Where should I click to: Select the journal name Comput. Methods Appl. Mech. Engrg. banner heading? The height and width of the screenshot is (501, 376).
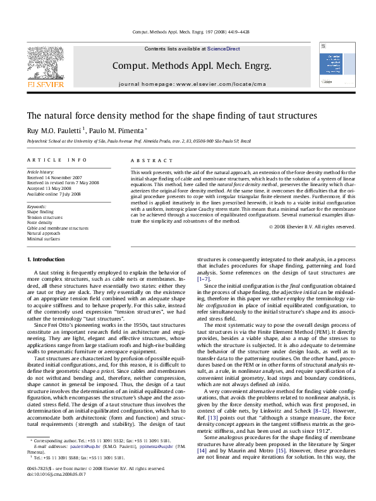click(191, 66)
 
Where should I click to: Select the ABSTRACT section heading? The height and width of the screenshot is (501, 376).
click(146, 161)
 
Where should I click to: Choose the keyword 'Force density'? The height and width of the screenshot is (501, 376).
click(40, 223)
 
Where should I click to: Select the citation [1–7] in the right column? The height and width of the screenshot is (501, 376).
click(205, 278)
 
